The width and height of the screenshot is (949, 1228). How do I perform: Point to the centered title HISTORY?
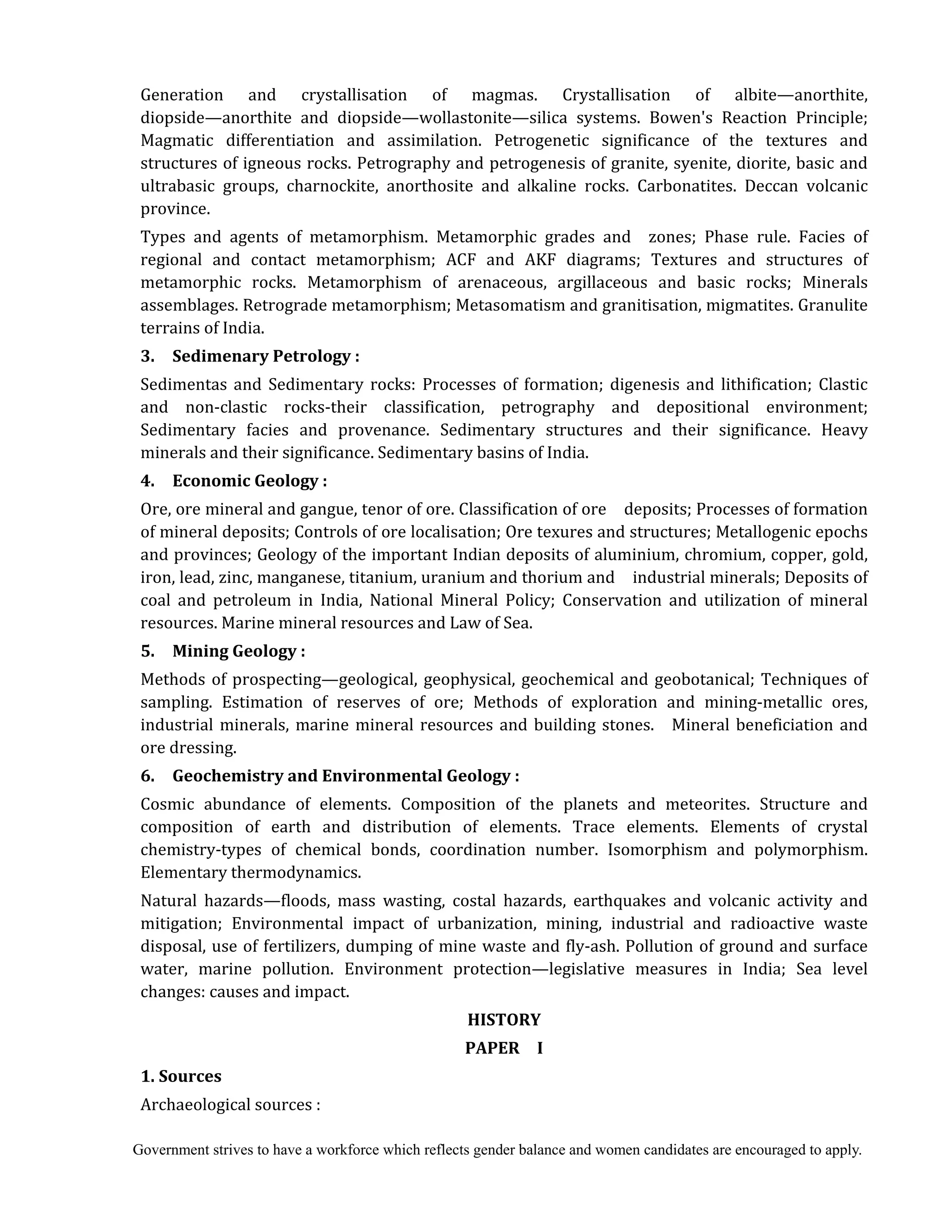click(504, 1020)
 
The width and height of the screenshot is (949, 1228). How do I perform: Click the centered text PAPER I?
click(504, 1048)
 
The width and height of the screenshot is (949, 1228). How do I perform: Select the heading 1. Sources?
click(181, 1076)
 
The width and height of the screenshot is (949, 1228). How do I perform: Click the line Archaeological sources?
click(230, 1104)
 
